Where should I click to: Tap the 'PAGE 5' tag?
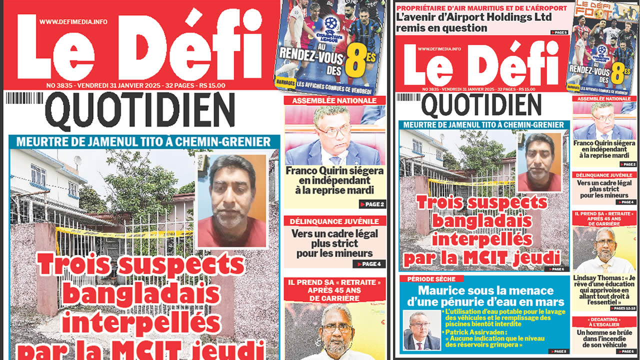[x=558, y=32]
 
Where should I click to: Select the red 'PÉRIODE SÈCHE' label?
[x=431, y=278]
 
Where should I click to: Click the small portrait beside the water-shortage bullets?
[x=421, y=330]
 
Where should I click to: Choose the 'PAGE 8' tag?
[x=558, y=351]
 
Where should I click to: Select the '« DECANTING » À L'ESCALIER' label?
[x=604, y=322]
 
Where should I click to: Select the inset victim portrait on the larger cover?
[x=231, y=201]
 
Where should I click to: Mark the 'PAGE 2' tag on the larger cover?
[x=372, y=204]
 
